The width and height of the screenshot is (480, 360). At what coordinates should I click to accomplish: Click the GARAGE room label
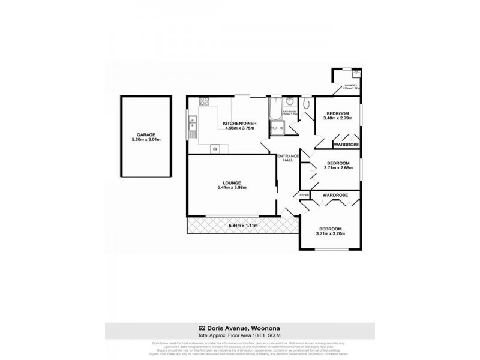146,135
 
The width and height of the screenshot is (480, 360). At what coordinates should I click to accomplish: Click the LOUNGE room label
232,183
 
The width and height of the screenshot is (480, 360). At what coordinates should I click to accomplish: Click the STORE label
304,195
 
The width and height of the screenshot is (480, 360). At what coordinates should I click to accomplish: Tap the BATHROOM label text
290,112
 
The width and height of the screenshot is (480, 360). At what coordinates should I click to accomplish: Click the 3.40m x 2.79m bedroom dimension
338,118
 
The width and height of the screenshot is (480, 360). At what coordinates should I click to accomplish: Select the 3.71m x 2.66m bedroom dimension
338,168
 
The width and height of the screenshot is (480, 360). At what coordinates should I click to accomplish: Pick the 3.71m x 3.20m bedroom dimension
331,234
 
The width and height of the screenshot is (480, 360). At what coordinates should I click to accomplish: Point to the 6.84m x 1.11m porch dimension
243,225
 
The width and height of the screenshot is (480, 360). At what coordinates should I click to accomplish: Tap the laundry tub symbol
356,74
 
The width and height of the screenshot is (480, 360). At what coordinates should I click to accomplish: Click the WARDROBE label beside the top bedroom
347,145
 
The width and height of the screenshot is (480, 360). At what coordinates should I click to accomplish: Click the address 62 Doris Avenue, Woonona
240,328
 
